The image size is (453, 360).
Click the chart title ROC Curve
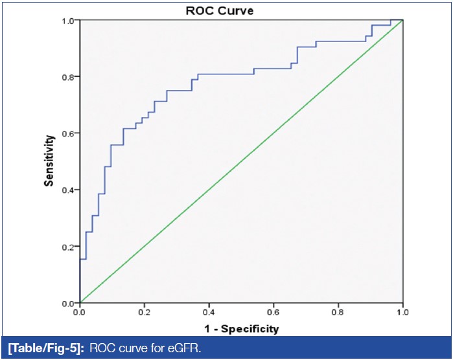241,10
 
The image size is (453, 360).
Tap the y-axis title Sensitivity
49,161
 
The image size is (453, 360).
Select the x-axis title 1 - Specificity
241,329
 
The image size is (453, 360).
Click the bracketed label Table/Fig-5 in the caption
44,349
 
